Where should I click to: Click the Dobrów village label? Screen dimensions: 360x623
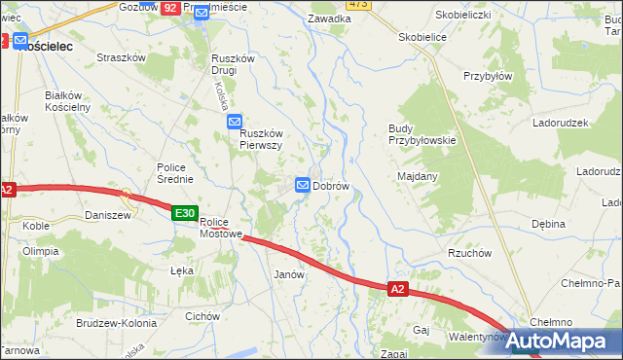pos(331,185)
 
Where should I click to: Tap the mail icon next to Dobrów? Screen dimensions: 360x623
pos(303,185)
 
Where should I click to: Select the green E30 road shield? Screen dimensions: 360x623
pos(185,213)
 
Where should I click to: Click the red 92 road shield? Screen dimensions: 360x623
pos(170,7)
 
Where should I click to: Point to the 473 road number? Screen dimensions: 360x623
pos(357,4)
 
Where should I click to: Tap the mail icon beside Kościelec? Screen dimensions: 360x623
pos(20,42)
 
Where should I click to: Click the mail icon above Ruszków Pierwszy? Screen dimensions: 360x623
pos(235,122)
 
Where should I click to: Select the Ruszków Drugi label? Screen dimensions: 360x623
pos(233,64)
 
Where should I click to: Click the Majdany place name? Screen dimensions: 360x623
pos(418,176)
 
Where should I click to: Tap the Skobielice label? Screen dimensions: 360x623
pos(421,36)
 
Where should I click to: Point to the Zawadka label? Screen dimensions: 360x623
pos(328,18)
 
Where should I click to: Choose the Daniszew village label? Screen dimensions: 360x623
pos(108,215)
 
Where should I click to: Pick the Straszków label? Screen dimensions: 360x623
pos(121,57)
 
